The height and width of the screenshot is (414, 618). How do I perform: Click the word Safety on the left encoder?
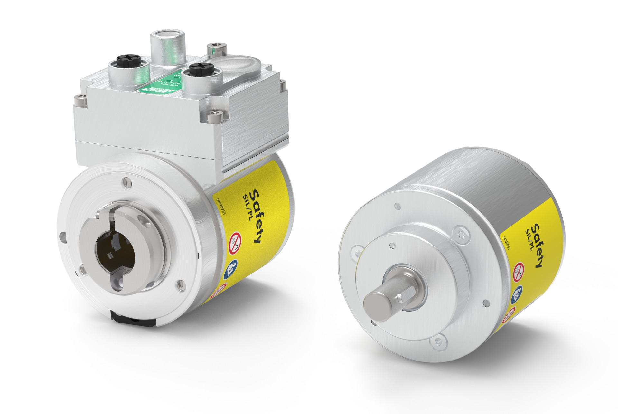[x=255, y=217]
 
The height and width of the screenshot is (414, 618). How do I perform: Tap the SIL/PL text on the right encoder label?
[x=529, y=241]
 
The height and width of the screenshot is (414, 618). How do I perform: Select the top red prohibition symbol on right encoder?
[x=518, y=271]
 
